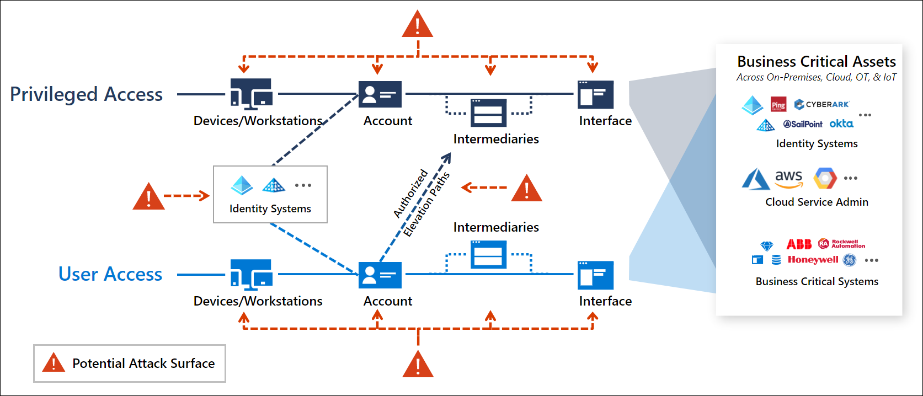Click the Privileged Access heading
(x=86, y=94)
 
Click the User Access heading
(x=110, y=274)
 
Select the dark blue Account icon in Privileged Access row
(x=380, y=94)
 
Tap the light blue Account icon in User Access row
(x=380, y=275)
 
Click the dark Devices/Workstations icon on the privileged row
(x=252, y=94)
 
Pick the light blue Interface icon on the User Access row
(x=595, y=275)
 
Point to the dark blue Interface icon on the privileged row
(x=595, y=94)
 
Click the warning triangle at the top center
(x=418, y=25)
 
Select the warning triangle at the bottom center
(x=418, y=365)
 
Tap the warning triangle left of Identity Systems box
(x=148, y=197)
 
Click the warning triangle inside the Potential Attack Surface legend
(x=54, y=363)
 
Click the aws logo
(x=788, y=178)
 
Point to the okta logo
(x=841, y=124)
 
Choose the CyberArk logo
(x=822, y=104)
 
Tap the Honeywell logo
(x=813, y=260)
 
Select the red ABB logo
(x=798, y=244)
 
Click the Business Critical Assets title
(x=816, y=62)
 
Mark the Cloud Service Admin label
(x=817, y=202)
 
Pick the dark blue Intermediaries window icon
(x=488, y=113)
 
